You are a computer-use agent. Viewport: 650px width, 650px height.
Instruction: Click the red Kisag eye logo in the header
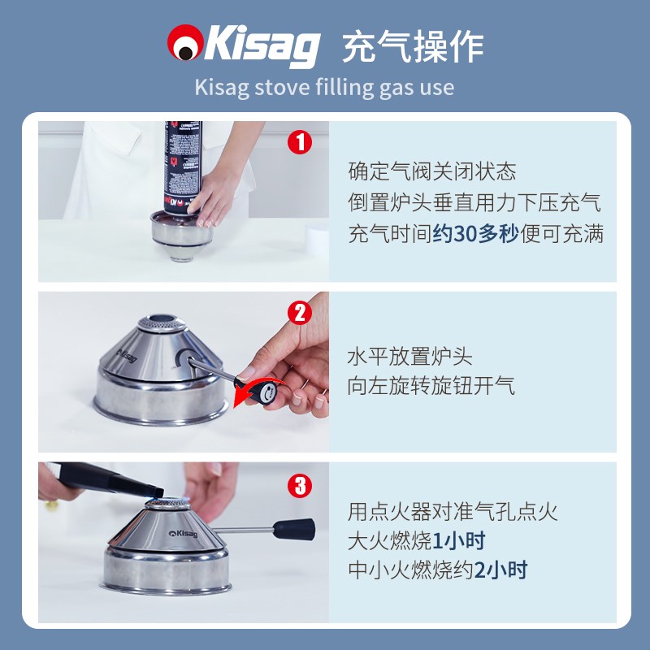pos(185,42)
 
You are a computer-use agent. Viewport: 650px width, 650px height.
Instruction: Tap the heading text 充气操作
pos(413,46)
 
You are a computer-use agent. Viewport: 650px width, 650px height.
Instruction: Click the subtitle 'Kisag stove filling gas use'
pos(324,88)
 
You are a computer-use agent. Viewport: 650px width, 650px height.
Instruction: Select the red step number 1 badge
pos(300,142)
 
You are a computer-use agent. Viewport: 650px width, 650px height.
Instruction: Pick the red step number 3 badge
pos(300,486)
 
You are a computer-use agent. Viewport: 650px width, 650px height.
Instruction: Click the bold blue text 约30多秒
pos(476,233)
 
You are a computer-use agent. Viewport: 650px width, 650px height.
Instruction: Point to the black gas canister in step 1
pos(183,167)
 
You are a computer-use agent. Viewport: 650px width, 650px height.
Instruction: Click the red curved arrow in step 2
pos(257,391)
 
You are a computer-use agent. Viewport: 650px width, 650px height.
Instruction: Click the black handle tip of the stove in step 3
pos(294,530)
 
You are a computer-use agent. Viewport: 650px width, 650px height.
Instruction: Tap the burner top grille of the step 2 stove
pos(162,323)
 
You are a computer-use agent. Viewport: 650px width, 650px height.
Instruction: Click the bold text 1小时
pos(459,541)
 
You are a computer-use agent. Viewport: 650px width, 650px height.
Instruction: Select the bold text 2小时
pos(500,570)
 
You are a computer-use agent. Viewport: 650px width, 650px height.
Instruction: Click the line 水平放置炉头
pos(410,357)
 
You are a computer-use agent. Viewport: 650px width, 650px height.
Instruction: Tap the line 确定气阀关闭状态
pos(432,171)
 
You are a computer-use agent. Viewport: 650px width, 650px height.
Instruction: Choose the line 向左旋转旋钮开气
pos(431,386)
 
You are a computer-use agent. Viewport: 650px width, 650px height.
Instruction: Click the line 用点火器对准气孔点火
pos(453,512)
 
